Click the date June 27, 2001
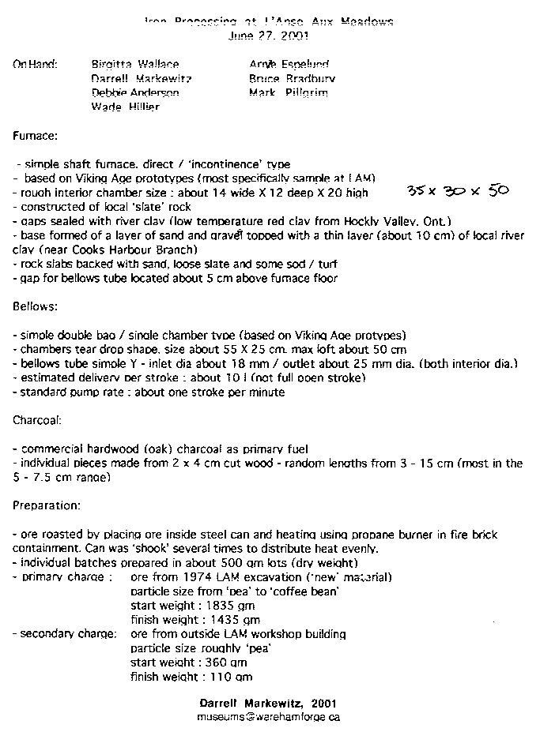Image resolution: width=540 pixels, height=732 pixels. coord(269,36)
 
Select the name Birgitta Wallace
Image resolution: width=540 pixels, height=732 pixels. coord(135,64)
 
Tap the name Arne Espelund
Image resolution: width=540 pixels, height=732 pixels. coord(289,64)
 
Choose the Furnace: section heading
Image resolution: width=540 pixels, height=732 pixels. coord(36,136)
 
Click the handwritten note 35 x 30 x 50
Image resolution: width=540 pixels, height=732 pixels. coord(457,191)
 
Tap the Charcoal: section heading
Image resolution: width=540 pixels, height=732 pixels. coord(37,421)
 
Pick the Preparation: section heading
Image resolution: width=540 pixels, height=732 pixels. coord(46,504)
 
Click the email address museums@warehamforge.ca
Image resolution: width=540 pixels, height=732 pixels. coord(269,717)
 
